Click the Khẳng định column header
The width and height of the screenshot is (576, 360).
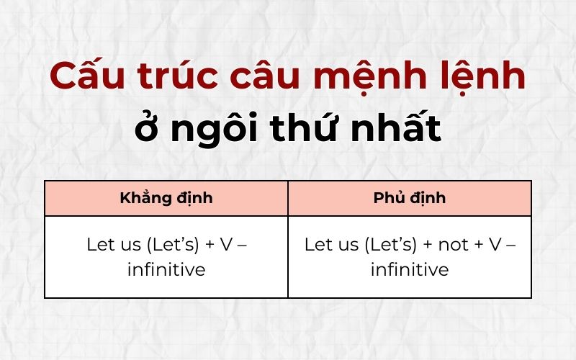(x=166, y=198)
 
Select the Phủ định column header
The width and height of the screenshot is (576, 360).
(x=410, y=198)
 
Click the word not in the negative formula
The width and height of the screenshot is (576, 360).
(x=453, y=244)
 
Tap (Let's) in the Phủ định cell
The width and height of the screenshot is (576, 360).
(x=390, y=244)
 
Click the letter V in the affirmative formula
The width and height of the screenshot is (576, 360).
(x=225, y=244)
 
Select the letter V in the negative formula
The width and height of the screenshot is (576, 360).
(x=494, y=244)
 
